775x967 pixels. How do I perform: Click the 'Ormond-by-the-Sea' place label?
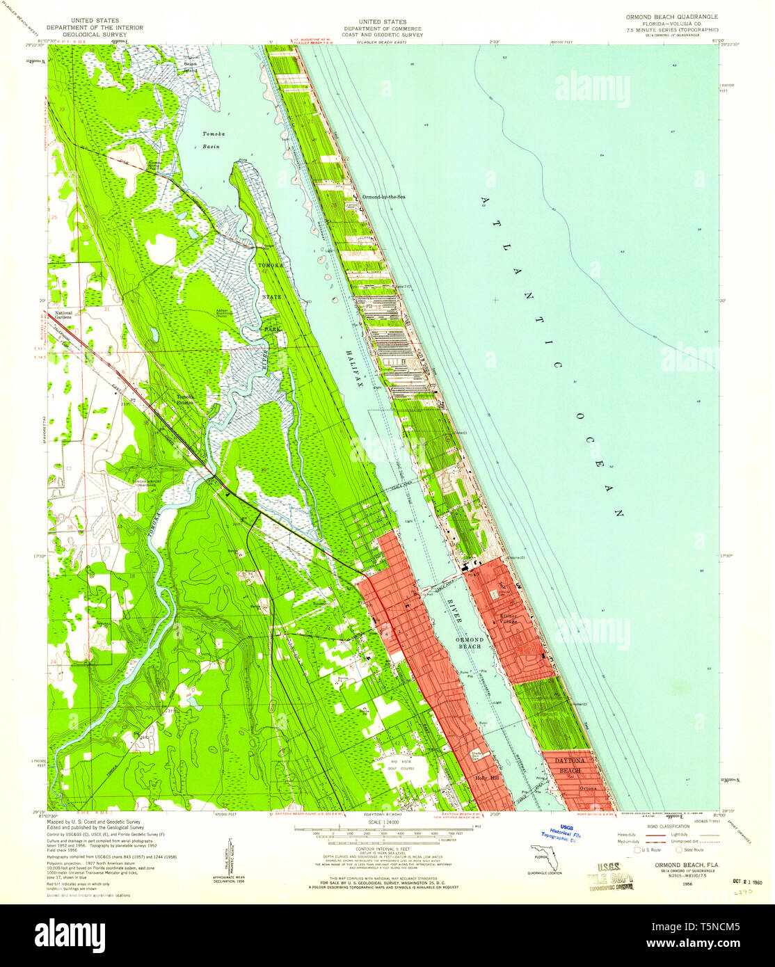point(383,197)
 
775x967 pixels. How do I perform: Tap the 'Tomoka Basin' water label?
point(211,140)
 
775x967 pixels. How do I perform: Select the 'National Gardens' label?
point(64,315)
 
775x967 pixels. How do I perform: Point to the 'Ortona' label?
point(589,788)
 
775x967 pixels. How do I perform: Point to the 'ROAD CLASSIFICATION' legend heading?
point(668,829)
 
